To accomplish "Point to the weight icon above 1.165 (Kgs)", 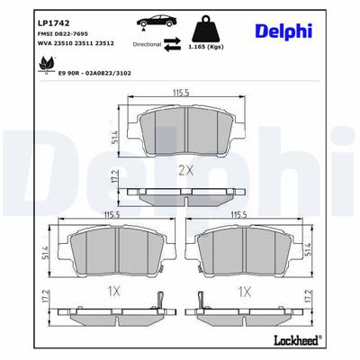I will click(x=217, y=25).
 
